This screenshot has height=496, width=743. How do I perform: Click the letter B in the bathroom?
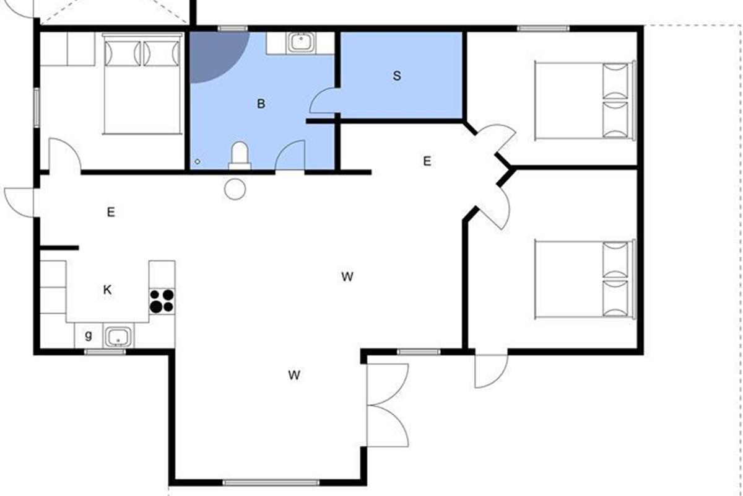[261, 104]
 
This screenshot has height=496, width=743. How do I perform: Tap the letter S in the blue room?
[397, 76]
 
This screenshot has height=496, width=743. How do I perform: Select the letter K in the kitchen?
[107, 290]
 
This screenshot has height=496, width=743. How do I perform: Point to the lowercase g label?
[88, 335]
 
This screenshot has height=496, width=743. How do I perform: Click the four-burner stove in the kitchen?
[162, 301]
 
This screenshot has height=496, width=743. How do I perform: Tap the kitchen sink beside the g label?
[118, 336]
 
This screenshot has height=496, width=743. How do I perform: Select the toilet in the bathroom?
[240, 156]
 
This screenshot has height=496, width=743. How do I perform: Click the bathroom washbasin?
[301, 42]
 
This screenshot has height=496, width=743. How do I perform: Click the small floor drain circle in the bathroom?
[198, 161]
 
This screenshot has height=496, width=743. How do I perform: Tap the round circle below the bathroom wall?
[235, 189]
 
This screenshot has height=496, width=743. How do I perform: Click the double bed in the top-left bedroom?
[142, 84]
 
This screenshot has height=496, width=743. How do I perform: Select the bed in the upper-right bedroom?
[585, 100]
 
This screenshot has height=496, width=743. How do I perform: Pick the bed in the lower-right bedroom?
[585, 280]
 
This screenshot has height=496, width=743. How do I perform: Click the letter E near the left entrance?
[111, 212]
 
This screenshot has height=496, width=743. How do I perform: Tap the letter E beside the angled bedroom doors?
[427, 161]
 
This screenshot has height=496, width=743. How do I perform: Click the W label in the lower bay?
[294, 375]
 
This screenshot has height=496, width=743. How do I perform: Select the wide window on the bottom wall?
[271, 482]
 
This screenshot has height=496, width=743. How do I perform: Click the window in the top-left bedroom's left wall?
[37, 108]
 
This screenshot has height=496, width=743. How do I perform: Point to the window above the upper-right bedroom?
[543, 29]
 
